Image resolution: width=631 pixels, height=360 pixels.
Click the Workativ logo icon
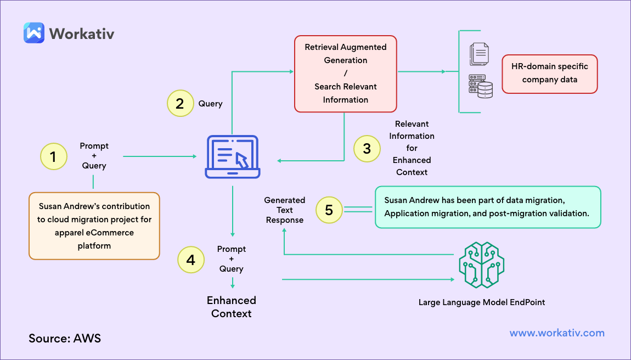(33, 32)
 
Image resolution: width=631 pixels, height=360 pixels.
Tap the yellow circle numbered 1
(53, 156)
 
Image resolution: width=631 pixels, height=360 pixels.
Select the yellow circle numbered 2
(180, 103)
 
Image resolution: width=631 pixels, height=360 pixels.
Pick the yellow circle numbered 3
(367, 148)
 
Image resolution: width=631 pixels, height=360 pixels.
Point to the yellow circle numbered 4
(190, 260)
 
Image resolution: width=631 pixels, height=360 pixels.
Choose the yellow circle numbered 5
(329, 210)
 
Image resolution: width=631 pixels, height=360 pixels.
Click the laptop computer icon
(233, 157)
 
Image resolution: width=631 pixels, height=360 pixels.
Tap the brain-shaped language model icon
(481, 266)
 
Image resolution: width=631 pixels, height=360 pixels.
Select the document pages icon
(479, 55)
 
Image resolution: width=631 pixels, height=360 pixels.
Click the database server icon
(480, 87)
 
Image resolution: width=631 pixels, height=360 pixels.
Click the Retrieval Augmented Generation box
(345, 74)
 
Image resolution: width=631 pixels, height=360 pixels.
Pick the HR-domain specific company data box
(549, 74)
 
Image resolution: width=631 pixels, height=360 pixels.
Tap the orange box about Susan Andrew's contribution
(94, 226)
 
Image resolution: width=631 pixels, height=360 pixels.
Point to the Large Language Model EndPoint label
(482, 302)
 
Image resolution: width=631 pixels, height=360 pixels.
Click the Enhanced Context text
(232, 307)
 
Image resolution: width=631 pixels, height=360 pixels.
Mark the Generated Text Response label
(284, 210)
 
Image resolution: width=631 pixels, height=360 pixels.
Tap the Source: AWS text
(65, 338)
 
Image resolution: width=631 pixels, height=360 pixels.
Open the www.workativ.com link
(557, 333)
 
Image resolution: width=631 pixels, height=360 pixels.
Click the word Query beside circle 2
(211, 104)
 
